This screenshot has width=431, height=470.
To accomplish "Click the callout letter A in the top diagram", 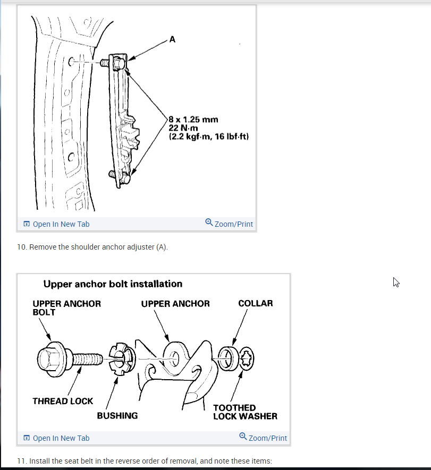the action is click(172, 39).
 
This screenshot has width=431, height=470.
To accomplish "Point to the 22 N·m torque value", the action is click(183, 128).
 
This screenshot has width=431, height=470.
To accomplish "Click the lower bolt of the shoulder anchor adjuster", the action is click(121, 176).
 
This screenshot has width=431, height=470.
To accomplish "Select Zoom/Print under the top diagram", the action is click(229, 224).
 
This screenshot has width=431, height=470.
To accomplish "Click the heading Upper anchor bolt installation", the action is click(113, 284).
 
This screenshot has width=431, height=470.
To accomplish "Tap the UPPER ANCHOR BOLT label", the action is click(66, 307).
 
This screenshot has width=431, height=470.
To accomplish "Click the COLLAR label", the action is click(256, 304).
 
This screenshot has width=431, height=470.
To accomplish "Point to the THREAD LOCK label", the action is click(63, 401).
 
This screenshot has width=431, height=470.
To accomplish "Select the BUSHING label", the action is click(117, 415).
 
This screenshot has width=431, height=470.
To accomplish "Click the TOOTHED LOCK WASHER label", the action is click(245, 412).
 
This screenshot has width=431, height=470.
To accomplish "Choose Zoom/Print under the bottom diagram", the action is click(263, 438).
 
